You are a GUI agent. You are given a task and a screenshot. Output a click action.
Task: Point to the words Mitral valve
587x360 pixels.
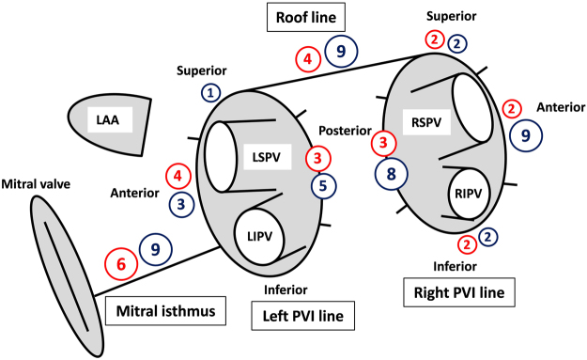coord(37,183)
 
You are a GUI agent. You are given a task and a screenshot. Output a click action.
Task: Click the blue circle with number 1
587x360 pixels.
coord(211,92)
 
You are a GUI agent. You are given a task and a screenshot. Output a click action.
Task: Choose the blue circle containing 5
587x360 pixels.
coord(322,185)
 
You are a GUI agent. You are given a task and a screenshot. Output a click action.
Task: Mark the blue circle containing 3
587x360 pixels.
coord(182,202)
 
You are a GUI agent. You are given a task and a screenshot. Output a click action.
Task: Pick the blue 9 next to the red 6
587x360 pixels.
coord(155,249)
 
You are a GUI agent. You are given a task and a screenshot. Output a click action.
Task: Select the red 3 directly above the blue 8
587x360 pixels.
coord(383,143)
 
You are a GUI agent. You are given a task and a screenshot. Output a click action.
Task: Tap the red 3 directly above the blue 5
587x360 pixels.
coord(318,158)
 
